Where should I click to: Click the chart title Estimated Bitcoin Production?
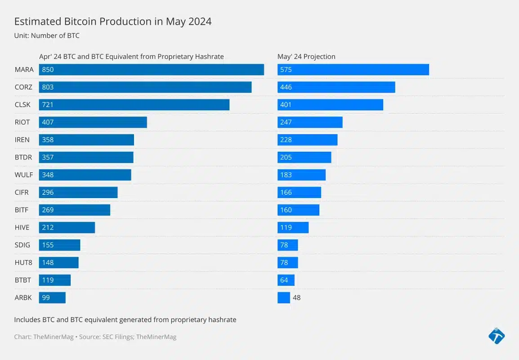pos(113,22)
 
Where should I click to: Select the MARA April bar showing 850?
pos(151,70)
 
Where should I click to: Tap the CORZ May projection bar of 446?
pos(336,87)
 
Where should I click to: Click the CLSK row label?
pos(22,105)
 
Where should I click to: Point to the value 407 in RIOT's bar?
pos(48,122)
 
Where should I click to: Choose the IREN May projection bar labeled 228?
pos(307,140)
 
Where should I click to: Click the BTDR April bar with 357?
pos(86,157)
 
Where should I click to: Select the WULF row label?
pos(24,175)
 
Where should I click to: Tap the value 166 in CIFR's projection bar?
pos(286,193)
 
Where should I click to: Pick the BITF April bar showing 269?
pos(74,210)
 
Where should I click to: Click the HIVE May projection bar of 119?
pos(293,228)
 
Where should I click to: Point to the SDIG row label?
pos(22,245)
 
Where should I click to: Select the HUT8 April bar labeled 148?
pos(58,263)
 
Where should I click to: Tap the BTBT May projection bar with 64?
pos(286,280)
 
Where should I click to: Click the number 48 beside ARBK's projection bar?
pos(296,298)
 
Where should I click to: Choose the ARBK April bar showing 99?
pos(52,298)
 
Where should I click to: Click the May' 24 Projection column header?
pos(306,57)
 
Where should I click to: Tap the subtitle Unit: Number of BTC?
pos(47,36)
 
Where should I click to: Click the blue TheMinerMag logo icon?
pos(496,336)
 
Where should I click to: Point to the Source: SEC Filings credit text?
pos(128,337)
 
